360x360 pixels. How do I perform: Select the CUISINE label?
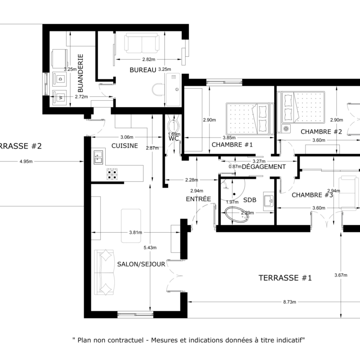124,146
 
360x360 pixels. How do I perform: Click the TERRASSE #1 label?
285,278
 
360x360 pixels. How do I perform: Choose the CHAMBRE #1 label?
233,144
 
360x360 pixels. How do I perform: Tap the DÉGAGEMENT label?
264,167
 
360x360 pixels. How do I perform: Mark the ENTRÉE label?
198,199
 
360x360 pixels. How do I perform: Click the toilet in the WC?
173,126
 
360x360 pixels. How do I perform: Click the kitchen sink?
98,157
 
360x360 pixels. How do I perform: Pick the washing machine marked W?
60,97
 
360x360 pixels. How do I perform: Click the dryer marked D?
60,78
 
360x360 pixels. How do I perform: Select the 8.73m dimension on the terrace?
289,302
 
